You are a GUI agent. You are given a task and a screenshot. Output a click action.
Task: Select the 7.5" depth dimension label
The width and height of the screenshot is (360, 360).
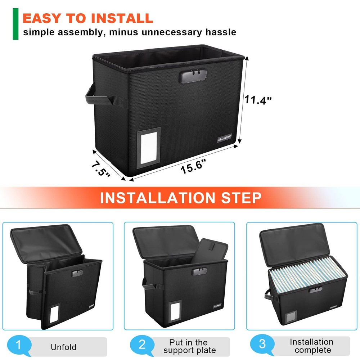pyautogui.click(x=100, y=168)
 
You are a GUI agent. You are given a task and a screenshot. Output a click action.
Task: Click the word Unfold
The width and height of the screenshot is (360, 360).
pyautogui.click(x=63, y=347)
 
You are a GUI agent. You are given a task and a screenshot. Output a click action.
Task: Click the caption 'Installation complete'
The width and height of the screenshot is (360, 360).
pyautogui.click(x=311, y=346)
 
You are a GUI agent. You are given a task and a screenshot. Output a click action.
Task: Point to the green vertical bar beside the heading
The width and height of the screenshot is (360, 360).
pyautogui.click(x=15, y=24)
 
